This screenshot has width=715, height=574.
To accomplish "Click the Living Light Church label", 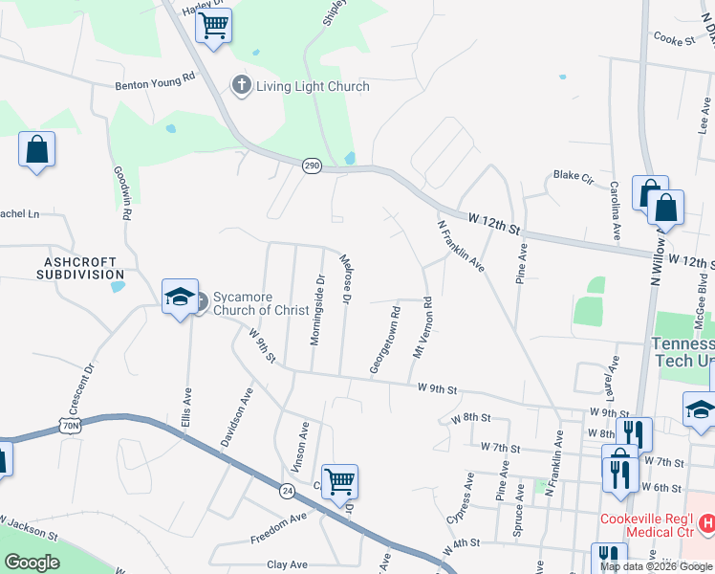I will click(313, 87).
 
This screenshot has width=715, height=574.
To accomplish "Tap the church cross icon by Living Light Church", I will click(241, 86).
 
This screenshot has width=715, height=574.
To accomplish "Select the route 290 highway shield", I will click(313, 166).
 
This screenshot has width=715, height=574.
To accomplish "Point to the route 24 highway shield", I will click(287, 491).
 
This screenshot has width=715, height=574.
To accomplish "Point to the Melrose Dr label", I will click(347, 278).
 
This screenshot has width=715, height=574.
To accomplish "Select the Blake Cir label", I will click(574, 177).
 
